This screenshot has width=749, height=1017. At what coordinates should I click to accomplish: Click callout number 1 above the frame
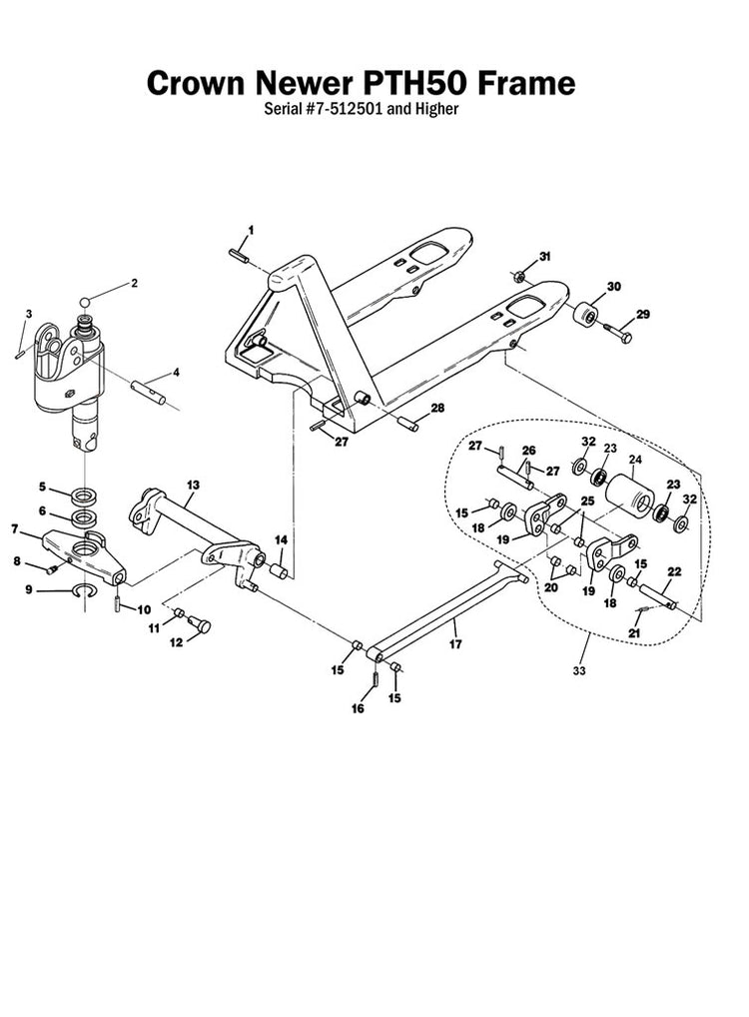tap(250, 230)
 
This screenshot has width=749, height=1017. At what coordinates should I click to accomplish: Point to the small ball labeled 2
tap(88, 300)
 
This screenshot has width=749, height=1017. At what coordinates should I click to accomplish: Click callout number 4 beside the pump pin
tap(176, 373)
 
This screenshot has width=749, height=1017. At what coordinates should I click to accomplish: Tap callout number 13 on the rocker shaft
tap(191, 484)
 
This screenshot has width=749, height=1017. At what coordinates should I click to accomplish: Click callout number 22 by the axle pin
tap(673, 572)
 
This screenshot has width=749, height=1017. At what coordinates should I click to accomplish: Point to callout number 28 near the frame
tap(436, 409)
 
